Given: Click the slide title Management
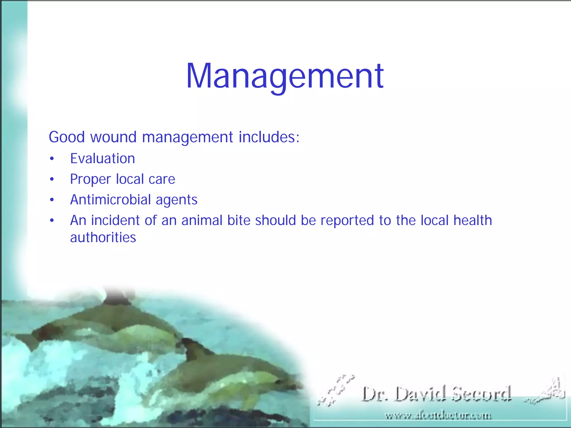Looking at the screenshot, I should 285,76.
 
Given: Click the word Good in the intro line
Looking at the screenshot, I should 67,137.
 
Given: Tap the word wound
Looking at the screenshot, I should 113,137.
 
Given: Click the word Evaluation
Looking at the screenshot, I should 103,159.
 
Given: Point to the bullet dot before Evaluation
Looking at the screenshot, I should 52,159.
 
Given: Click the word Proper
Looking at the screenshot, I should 90,179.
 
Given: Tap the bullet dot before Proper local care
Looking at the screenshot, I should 52,180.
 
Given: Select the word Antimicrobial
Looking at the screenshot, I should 110,200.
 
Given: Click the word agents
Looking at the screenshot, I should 176,200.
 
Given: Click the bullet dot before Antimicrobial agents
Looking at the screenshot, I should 52,200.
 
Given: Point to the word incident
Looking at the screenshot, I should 115,220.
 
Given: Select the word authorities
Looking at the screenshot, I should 103,237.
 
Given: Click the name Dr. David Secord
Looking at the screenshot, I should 437,394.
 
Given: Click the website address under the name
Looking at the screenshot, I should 438,416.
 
